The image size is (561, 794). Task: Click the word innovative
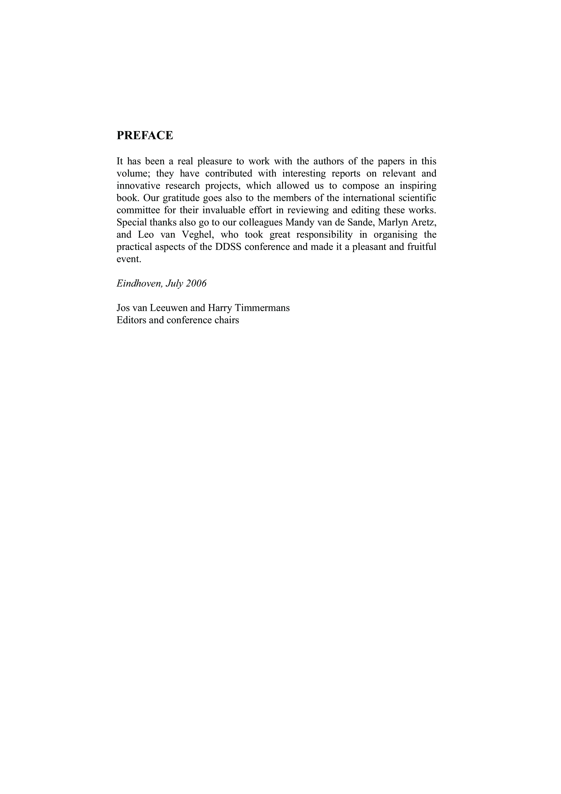[x=138, y=186]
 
